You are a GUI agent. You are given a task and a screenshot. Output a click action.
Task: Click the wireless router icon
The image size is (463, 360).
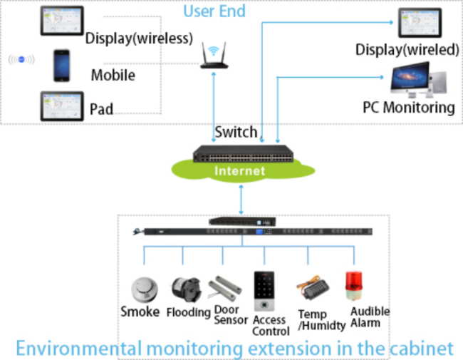[214, 56]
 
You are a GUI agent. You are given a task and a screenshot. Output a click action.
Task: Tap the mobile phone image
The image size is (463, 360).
[62, 66]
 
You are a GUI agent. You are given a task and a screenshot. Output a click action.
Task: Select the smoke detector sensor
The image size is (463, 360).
[145, 289]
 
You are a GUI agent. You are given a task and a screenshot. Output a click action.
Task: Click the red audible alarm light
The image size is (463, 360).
[354, 286]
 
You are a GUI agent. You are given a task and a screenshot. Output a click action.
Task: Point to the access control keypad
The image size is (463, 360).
[264, 291]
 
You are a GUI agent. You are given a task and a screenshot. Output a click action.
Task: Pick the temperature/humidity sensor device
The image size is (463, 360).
[313, 287]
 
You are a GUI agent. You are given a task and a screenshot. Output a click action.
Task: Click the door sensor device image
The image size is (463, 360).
[225, 289]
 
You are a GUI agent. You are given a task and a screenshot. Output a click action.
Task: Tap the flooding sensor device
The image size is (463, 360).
[187, 290]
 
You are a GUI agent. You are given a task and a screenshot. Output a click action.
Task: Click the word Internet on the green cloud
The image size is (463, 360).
[240, 171]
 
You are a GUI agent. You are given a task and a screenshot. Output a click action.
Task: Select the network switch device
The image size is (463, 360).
[244, 154]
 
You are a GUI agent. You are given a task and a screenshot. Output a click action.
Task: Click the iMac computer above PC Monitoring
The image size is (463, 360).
[418, 80]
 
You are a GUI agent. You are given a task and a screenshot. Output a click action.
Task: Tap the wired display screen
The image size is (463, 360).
[420, 23]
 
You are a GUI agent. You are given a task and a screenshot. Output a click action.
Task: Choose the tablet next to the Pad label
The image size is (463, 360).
[62, 106]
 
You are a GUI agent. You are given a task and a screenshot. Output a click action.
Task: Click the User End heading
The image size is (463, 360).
[214, 11]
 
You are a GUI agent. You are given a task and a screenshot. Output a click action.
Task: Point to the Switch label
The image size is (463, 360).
[236, 132]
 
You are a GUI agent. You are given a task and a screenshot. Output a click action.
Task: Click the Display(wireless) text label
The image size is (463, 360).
[139, 38]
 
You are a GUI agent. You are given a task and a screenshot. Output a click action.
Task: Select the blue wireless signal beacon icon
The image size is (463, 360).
[21, 60]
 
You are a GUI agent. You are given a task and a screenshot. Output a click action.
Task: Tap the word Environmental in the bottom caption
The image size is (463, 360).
[78, 348]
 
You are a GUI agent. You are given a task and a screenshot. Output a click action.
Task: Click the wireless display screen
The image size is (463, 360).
[62, 21]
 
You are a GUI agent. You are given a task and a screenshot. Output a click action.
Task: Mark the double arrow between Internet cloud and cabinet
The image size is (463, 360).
[241, 200]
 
